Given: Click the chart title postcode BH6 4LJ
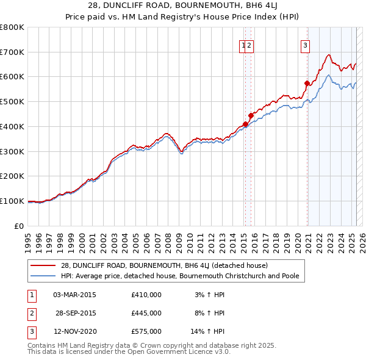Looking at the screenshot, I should click(239, 6).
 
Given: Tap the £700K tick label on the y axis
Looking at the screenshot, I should click(12, 52).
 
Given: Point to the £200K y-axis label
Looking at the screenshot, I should click(12, 176).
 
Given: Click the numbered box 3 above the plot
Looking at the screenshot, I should click(304, 44).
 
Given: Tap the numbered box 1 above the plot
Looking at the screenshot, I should click(243, 44).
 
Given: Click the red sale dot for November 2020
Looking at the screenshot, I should click(307, 83).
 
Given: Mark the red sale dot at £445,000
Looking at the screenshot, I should click(251, 115).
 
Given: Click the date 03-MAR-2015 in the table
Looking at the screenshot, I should click(74, 295).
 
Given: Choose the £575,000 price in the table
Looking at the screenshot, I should click(146, 331).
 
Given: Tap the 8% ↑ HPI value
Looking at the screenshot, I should click(209, 313).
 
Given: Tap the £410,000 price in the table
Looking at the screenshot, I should click(146, 295).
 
